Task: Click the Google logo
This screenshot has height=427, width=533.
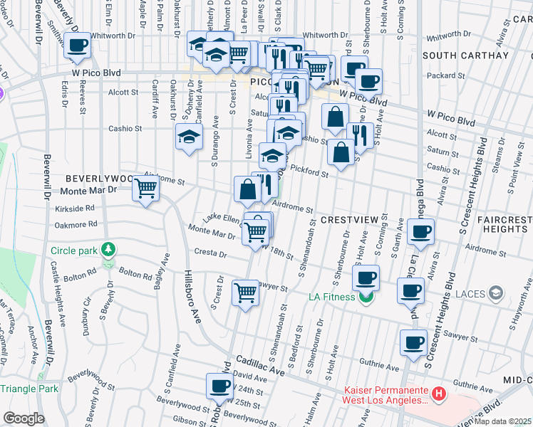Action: click(x=23, y=418)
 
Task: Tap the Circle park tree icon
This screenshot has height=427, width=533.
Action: click(x=108, y=250)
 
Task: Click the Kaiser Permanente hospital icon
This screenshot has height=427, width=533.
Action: click(x=439, y=393)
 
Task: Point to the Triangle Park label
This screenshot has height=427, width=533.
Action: click(x=29, y=389)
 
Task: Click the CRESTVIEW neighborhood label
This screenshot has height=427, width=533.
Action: click(x=348, y=221)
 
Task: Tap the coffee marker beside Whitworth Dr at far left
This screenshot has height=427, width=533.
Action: click(x=78, y=46)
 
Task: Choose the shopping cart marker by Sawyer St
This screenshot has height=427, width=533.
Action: click(x=246, y=292)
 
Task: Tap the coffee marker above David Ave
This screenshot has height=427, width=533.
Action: click(x=219, y=386)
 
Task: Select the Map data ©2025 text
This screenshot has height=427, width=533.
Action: click(x=502, y=421)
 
